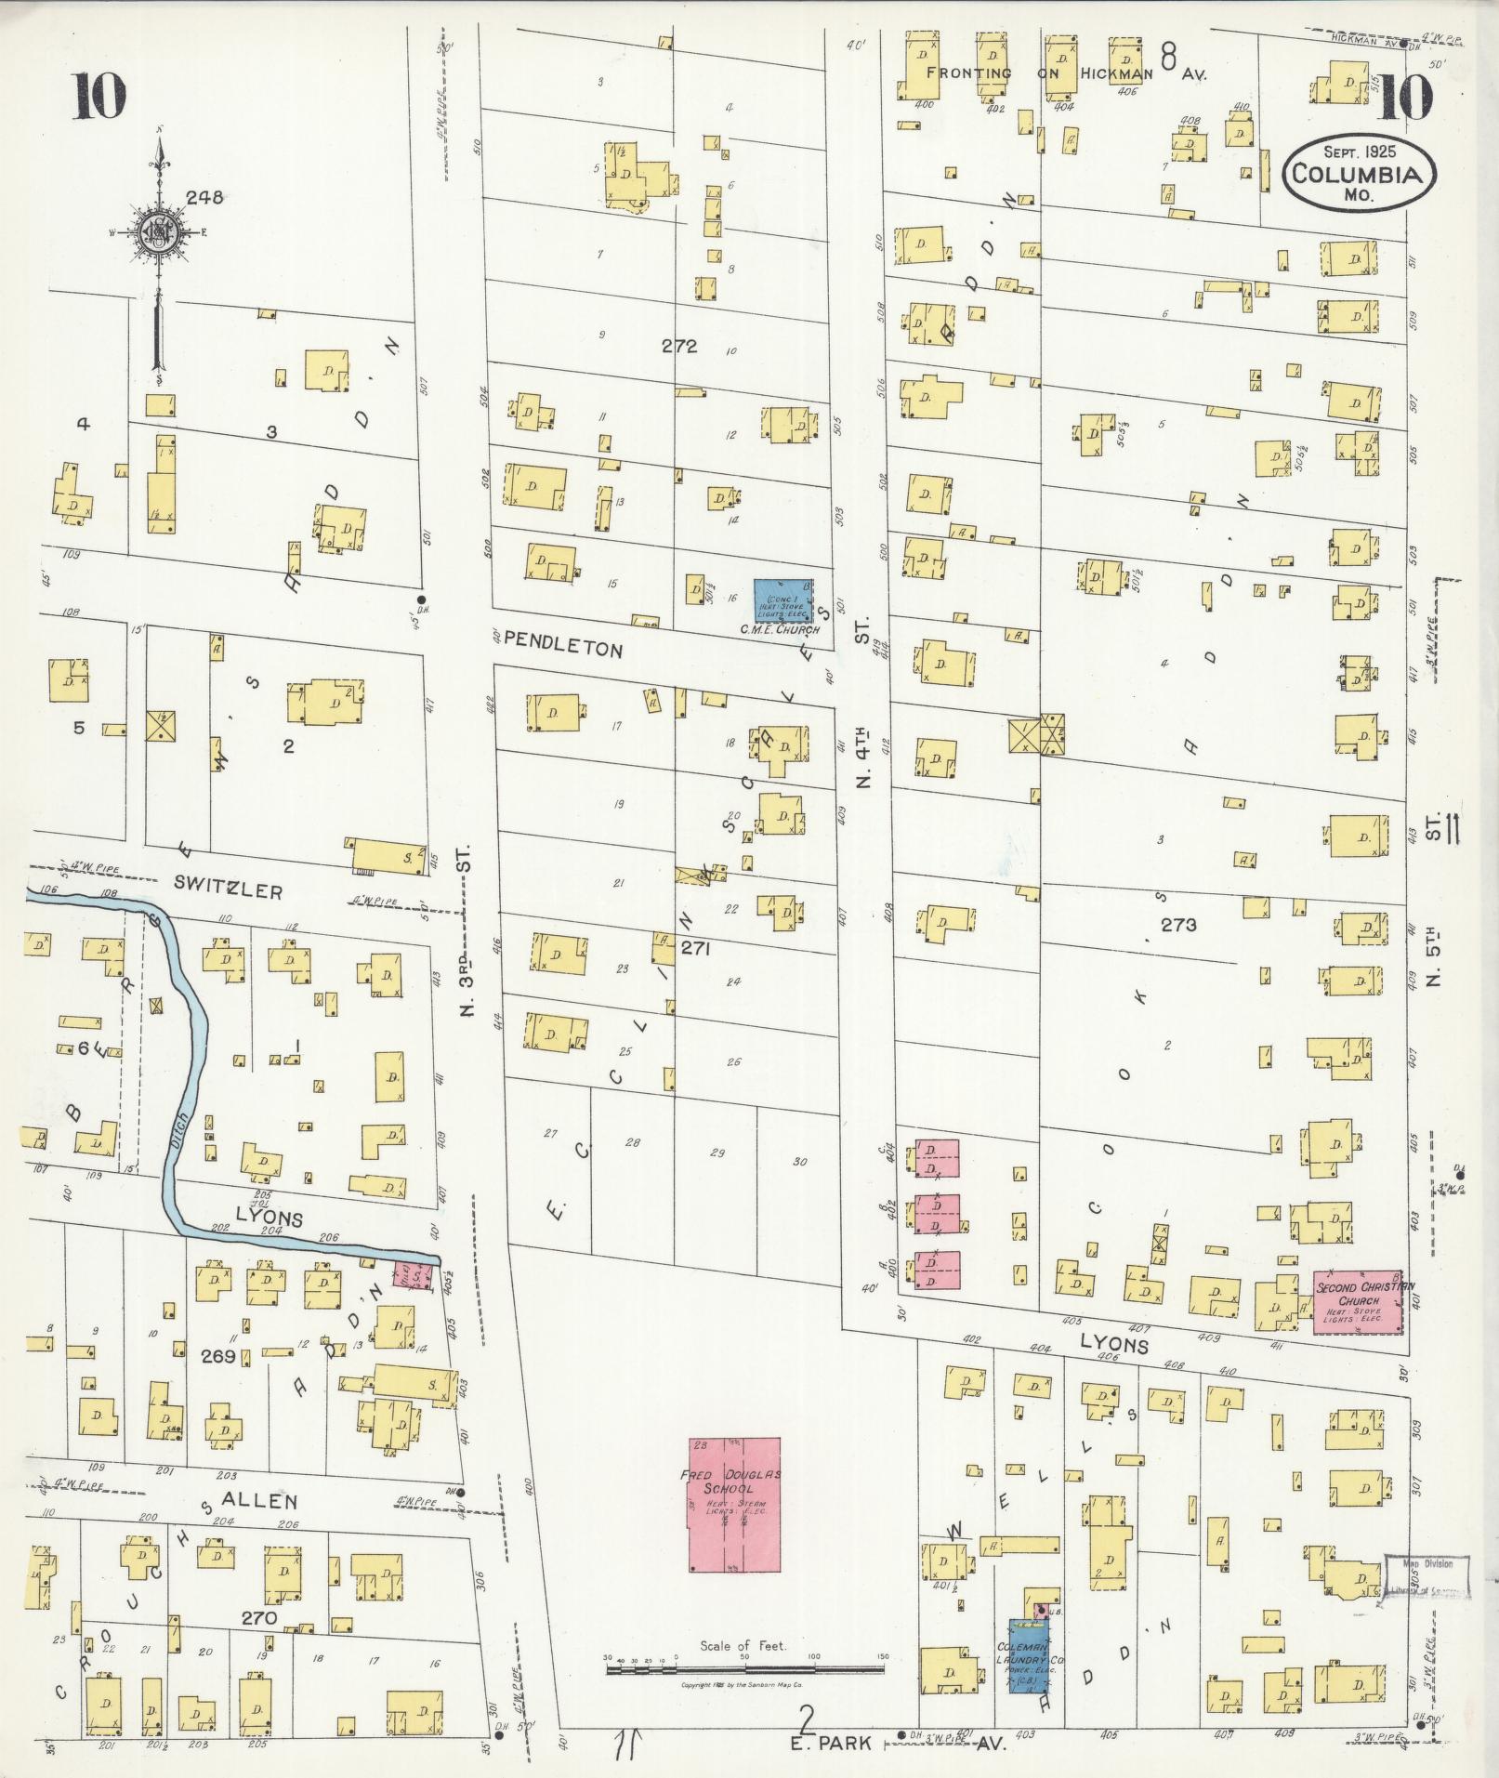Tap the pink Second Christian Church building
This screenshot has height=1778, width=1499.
click(1357, 1302)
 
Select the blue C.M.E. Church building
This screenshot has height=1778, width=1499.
click(782, 601)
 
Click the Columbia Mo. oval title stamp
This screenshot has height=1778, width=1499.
click(1360, 173)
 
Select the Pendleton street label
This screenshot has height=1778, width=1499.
click(563, 648)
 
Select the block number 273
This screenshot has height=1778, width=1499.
click(1177, 925)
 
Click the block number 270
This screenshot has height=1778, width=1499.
click(259, 1618)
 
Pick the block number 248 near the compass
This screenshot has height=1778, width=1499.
click(204, 197)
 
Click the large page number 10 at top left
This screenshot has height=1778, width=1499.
click(99, 98)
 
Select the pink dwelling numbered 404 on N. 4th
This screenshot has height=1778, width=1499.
click(937, 1157)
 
